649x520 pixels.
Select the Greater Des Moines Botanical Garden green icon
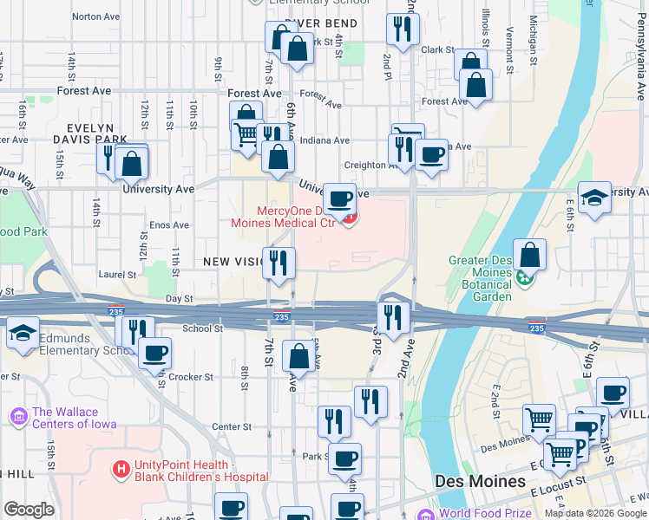(x=524, y=278)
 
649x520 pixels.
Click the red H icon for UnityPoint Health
(x=121, y=470)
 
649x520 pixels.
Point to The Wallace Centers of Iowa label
(x=74, y=418)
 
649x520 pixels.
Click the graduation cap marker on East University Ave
(x=594, y=197)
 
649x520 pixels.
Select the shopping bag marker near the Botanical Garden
(x=529, y=254)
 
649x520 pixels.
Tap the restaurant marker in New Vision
(x=279, y=263)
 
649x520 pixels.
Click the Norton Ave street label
(x=96, y=16)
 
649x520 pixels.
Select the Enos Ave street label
(x=169, y=225)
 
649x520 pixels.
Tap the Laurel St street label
(x=117, y=275)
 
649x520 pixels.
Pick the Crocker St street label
(x=191, y=377)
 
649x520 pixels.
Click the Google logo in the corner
(x=29, y=510)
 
